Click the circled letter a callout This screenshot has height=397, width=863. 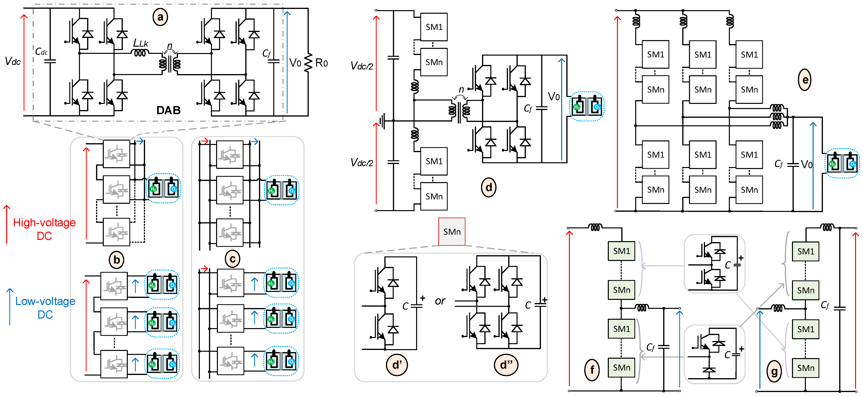pos(160,17)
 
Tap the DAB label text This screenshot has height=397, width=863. pos(168,110)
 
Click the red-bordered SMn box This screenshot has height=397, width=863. pos(452,232)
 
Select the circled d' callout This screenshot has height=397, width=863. pos(397,365)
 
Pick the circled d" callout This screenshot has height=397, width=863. pos(506,365)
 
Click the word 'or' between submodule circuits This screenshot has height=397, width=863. pos(440,301)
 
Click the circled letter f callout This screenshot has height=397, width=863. pos(592,370)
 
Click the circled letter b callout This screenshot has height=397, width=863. pos(117,260)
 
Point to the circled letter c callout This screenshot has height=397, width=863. pos(233,259)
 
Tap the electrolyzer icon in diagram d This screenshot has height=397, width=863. pos(587,107)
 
